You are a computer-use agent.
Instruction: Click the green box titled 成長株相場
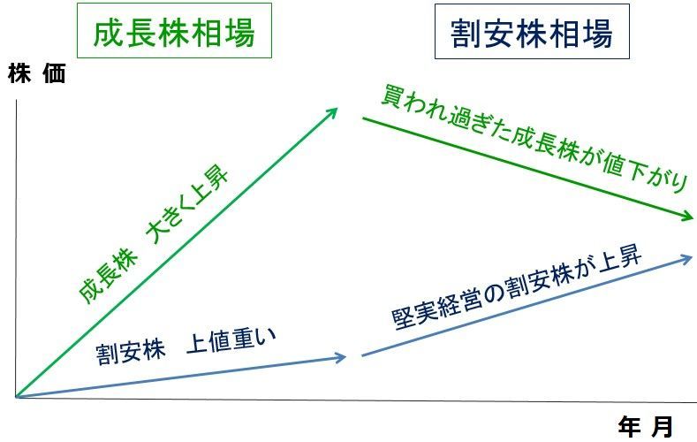174,31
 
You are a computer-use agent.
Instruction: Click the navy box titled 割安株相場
532,32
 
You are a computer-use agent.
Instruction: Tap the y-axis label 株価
37,73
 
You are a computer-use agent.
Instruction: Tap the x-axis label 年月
646,427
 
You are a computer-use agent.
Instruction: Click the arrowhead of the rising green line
332,113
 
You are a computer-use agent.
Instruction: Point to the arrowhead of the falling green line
687,217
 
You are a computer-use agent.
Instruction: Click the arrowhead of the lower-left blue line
341,357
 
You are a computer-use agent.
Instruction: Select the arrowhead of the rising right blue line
687,258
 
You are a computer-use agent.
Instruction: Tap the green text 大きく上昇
189,205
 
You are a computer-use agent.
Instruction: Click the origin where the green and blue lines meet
17,397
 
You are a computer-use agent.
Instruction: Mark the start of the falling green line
363,118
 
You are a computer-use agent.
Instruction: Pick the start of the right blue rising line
362,355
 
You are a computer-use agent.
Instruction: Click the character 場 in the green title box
239,32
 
